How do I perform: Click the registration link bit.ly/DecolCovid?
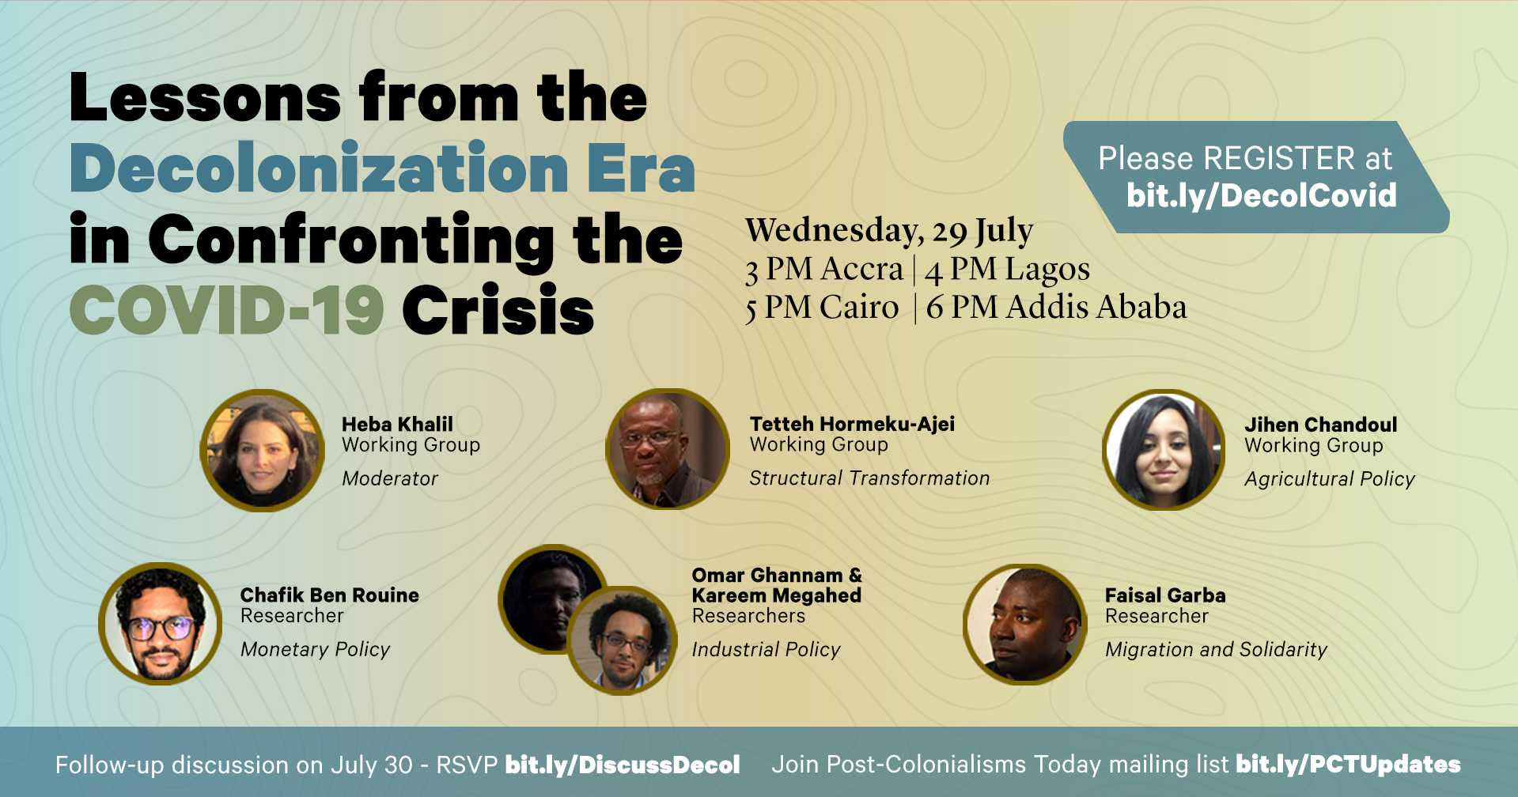tap(1261, 195)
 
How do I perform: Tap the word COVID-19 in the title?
tap(226, 309)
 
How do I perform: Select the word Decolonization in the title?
tap(319, 168)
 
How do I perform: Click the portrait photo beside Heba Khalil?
tap(263, 450)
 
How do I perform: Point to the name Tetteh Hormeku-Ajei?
tap(852, 424)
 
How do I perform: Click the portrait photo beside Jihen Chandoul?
tap(1164, 450)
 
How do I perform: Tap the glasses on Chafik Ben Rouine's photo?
tap(161, 629)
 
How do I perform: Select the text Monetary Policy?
tap(315, 649)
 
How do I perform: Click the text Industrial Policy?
tap(766, 649)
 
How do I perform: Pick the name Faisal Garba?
tap(1165, 595)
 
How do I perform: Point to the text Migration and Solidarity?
tap(1216, 649)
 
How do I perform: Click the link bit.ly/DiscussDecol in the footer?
tap(623, 765)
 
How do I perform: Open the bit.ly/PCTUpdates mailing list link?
tap(1348, 764)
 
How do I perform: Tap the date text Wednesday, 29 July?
tap(889, 231)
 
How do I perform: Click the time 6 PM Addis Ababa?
tap(1057, 307)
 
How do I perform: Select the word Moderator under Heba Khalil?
tap(390, 478)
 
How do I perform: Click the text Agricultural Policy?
tap(1330, 479)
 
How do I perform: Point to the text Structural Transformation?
tap(869, 478)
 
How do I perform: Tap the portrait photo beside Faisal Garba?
tap(1025, 624)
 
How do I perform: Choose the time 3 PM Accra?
tap(823, 270)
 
